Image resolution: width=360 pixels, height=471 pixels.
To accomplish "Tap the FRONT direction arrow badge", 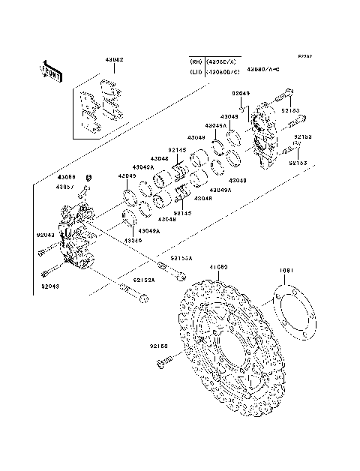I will pyautogui.click(x=50, y=72).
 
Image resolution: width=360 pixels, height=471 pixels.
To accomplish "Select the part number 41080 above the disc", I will pyautogui.click(x=218, y=266).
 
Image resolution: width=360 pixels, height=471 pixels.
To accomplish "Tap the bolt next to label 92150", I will pyautogui.click(x=163, y=363).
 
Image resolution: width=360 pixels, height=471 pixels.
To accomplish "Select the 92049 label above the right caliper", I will pyautogui.click(x=241, y=94).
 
